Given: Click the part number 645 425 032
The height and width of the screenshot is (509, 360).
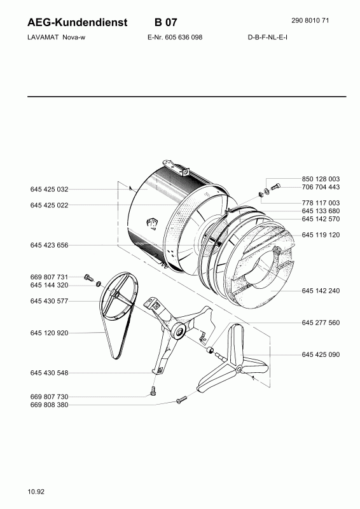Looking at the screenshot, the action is (50, 189).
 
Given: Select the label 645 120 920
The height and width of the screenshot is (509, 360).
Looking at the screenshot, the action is (50, 333).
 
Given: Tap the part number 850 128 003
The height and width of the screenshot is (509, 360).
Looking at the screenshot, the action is (321, 179).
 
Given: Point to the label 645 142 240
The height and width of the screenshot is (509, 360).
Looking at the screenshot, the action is (321, 291).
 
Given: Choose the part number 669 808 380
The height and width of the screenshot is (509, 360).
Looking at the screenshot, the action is (50, 405).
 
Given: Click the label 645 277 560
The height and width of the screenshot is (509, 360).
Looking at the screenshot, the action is (321, 323).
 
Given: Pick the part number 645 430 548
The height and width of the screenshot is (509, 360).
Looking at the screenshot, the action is (50, 373).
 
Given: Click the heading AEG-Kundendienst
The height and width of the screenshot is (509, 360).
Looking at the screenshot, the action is (78, 22).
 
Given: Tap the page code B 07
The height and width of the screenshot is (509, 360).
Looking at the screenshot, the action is (166, 22).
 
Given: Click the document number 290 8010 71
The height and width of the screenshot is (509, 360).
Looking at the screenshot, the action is (310, 20).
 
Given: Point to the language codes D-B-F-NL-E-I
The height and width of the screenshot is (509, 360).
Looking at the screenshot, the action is (268, 37).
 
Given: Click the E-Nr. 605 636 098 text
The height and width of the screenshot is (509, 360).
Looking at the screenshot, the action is (175, 37).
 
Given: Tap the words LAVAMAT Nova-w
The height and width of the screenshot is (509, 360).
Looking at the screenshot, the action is (57, 37).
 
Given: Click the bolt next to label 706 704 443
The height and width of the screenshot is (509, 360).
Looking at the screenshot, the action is (275, 186).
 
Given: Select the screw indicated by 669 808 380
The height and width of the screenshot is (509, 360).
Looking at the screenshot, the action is (181, 400).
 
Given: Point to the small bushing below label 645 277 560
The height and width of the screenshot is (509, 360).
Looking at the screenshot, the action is (211, 350).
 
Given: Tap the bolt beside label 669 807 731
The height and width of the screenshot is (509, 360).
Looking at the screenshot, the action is (88, 277).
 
